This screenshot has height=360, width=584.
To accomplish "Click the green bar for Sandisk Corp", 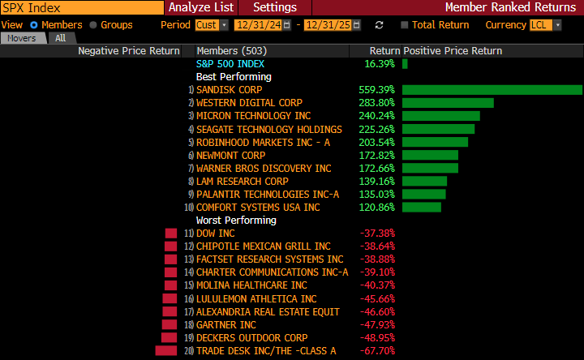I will point(492,90).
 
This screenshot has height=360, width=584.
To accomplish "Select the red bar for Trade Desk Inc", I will point(165,350).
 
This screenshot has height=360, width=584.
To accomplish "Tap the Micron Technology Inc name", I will point(242,116).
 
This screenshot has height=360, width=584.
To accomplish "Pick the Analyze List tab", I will point(201,7).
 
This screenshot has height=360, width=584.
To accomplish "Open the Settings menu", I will point(275,7).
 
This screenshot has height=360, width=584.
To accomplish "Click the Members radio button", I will point(34,25).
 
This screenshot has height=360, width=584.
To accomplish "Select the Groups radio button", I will point(94,25).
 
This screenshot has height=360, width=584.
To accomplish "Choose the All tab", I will point(61,38).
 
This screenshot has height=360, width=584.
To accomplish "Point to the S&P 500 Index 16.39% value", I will point(379,63).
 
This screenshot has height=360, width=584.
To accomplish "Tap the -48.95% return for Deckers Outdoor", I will point(376,337).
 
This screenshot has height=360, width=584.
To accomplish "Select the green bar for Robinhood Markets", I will point(435,142).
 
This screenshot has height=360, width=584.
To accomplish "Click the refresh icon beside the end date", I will point(379,25).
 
